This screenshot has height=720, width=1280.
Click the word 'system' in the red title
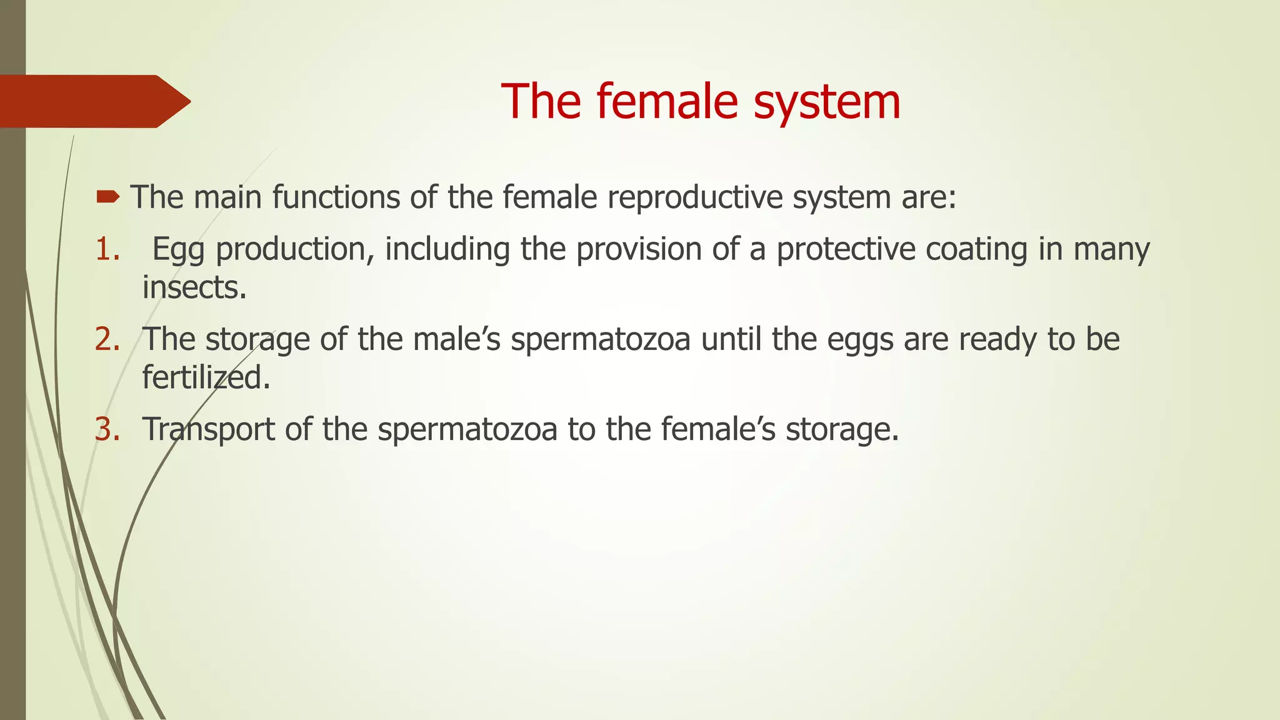827,102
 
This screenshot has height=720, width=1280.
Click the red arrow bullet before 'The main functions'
107,198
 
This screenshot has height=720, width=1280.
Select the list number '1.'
107,249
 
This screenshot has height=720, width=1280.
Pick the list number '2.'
107,339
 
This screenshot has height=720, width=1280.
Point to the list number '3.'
107,429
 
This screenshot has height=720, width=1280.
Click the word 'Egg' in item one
178,250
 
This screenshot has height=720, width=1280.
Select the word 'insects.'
194,287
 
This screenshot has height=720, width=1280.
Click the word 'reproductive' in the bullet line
694,198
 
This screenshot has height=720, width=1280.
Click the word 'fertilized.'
206,377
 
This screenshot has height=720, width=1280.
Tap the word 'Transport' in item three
209,430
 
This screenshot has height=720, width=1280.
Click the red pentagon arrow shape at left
94,101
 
